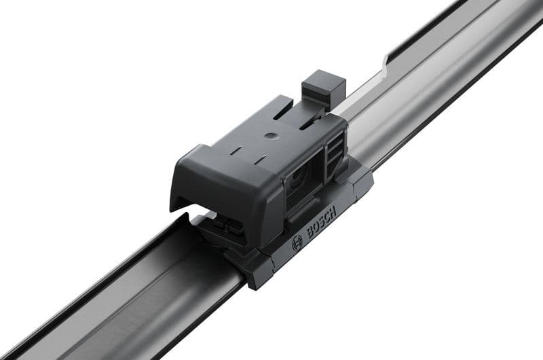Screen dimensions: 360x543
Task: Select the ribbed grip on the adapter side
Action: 333,152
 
